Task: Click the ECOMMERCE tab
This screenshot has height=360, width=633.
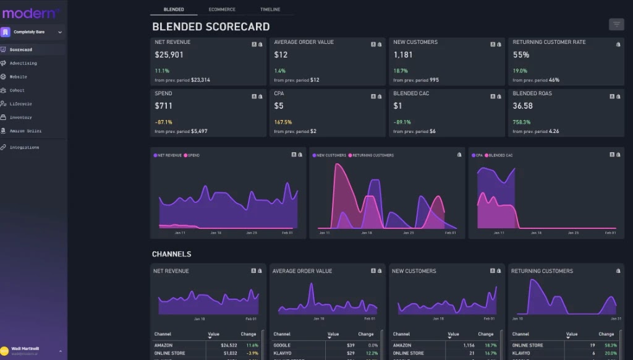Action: click(222, 10)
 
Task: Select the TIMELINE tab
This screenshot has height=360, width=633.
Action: click(270, 10)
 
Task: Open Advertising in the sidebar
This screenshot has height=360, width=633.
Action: click(23, 63)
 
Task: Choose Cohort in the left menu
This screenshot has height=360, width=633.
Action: click(17, 90)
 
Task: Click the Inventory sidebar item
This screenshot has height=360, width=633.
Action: click(20, 118)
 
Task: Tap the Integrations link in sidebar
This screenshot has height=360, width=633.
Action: click(24, 147)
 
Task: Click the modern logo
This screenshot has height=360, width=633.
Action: click(31, 13)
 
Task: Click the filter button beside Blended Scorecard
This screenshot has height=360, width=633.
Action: click(616, 25)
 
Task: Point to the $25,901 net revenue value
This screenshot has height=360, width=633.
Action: click(169, 55)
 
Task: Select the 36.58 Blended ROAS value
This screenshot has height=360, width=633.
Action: click(522, 106)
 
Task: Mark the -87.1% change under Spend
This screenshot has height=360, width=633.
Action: click(163, 122)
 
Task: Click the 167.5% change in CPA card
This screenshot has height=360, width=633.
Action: click(283, 122)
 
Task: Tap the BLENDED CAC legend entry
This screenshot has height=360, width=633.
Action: click(500, 155)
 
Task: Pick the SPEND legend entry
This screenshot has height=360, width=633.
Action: click(193, 155)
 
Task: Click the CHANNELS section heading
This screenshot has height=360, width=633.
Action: click(171, 254)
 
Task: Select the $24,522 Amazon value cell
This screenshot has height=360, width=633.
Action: click(229, 345)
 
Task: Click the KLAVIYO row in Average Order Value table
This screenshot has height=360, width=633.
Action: click(284, 353)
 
